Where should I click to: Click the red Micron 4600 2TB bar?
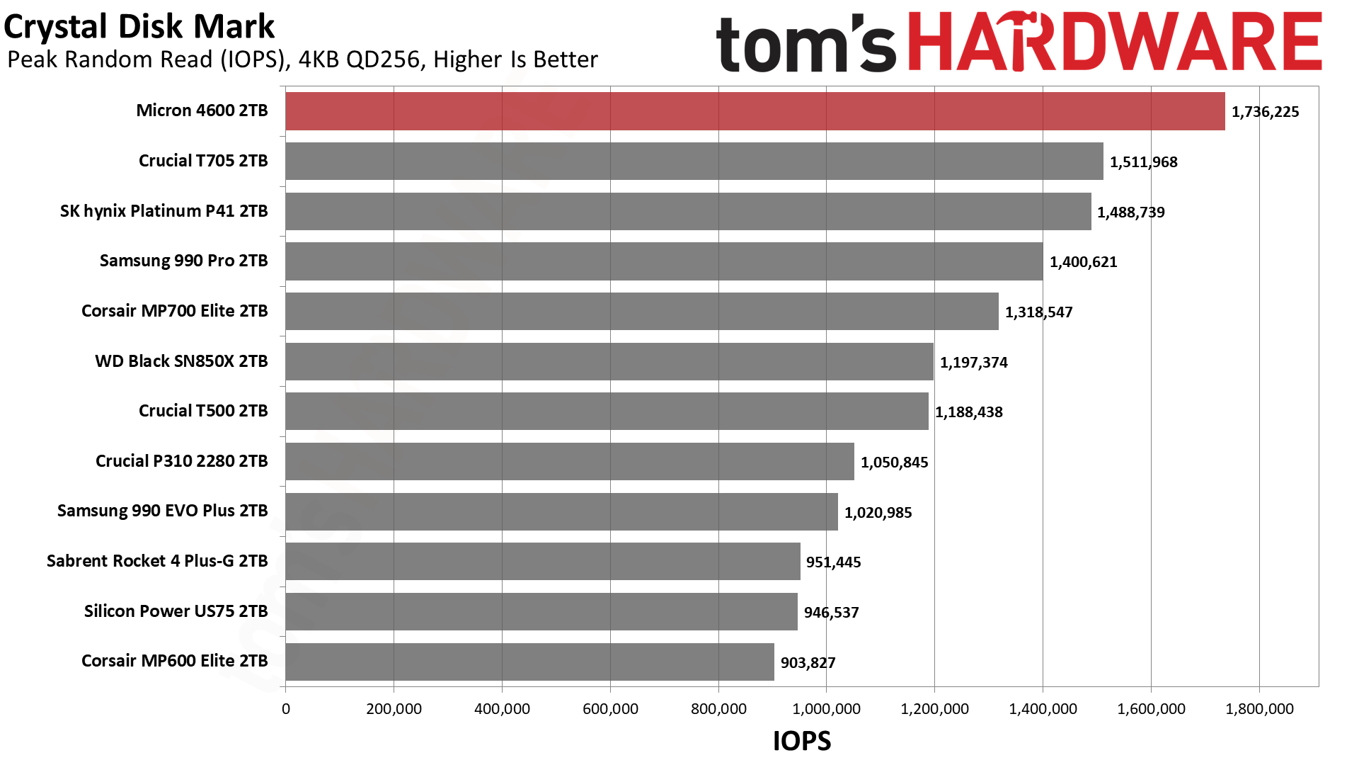coord(755,111)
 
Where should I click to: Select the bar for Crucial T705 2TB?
coord(694,161)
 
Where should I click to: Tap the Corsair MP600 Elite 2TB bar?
coord(529,662)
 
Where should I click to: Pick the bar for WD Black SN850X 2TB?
coord(609,362)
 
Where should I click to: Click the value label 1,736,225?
coord(1265,112)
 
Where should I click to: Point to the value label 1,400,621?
coord(1083,262)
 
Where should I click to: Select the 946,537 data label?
coord(831,613)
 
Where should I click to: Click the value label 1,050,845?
coord(894,463)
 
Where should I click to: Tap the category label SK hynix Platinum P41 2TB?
coord(164,211)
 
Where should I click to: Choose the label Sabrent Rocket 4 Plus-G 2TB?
coord(157,561)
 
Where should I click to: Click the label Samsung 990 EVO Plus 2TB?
coord(162,511)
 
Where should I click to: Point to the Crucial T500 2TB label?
coord(203,411)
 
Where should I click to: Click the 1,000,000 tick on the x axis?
coord(826,709)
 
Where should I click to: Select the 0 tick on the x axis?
coord(286,709)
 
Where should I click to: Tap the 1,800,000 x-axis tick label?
coord(1259,709)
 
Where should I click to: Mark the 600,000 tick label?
coord(610,709)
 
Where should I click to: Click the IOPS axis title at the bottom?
coord(801,741)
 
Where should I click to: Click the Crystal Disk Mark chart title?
coord(139,27)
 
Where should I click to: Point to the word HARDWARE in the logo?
coord(1114,42)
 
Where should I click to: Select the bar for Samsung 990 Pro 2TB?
coord(664,262)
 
